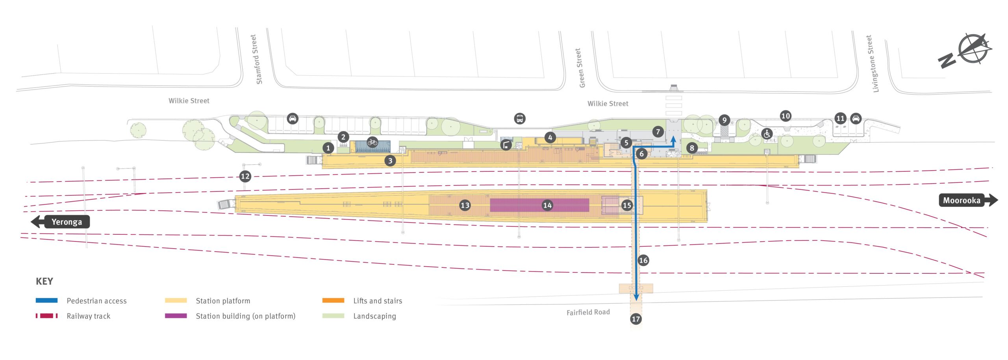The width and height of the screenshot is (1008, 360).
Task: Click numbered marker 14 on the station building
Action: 547,205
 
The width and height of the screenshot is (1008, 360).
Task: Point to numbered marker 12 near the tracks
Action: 245,176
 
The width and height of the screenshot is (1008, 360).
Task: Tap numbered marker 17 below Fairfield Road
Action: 636,319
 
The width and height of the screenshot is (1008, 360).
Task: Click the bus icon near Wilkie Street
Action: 519,118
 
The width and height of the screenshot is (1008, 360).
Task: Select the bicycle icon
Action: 372,142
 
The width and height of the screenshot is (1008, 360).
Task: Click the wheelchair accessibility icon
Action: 767,134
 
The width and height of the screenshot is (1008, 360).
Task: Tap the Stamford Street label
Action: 256,59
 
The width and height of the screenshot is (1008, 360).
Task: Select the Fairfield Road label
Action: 588,312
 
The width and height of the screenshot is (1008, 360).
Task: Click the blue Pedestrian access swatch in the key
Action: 46,301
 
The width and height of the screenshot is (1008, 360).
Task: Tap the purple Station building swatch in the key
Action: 176,316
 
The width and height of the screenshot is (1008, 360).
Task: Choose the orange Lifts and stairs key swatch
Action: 333,301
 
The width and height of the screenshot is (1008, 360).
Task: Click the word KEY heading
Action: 44,281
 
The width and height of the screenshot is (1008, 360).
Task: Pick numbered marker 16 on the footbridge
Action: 643,260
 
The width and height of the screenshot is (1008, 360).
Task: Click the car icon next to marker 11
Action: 856,118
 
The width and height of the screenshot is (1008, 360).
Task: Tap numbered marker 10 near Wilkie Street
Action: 785,116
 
